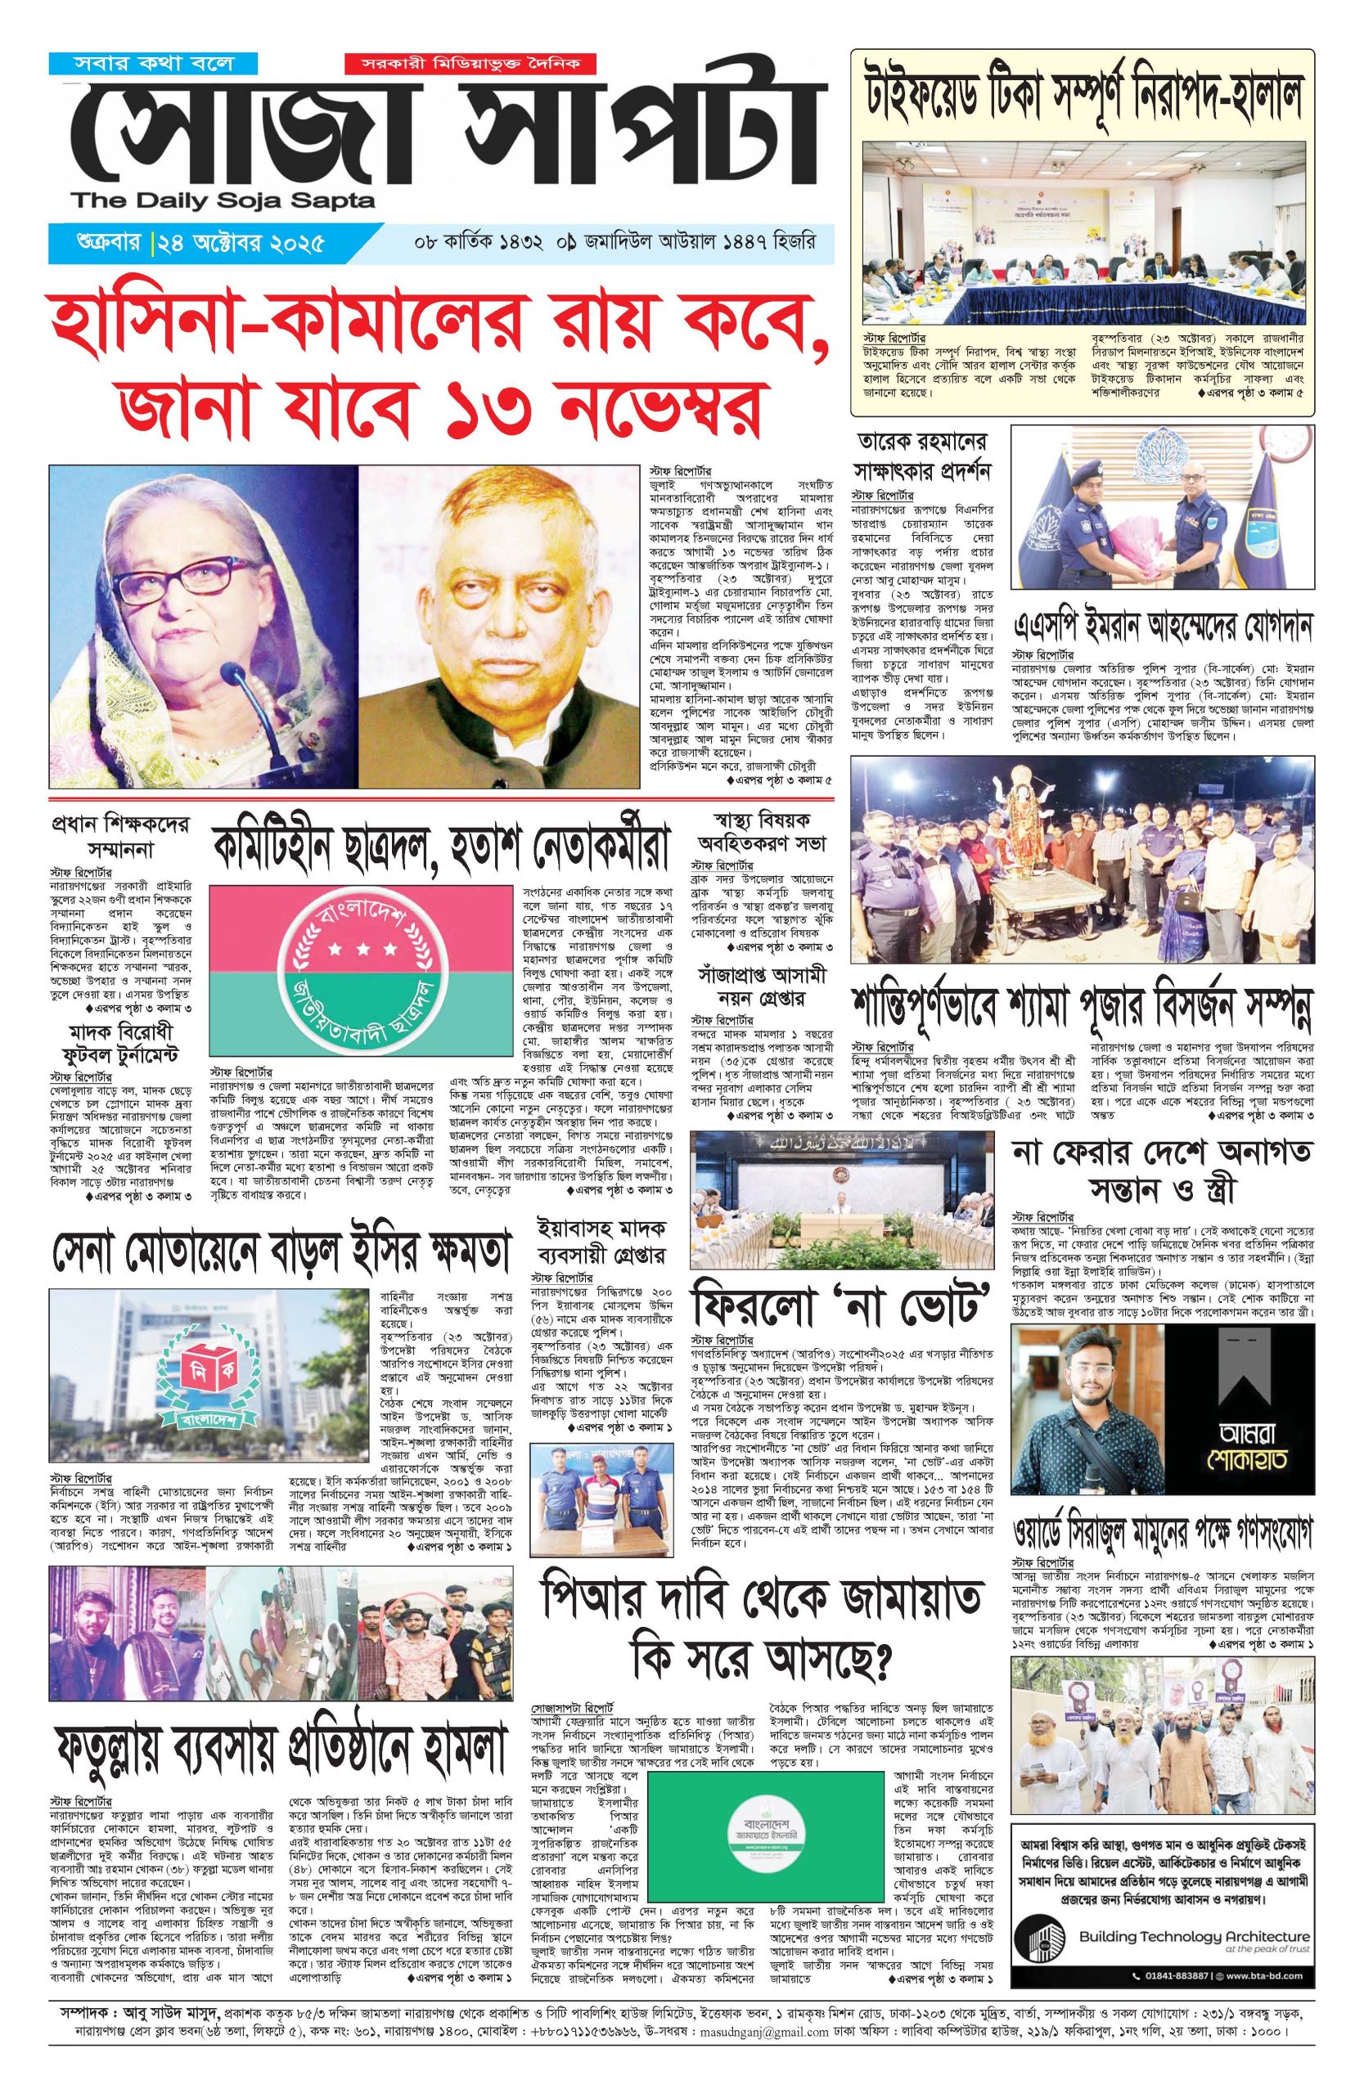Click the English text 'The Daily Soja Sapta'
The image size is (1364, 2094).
click(223, 201)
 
